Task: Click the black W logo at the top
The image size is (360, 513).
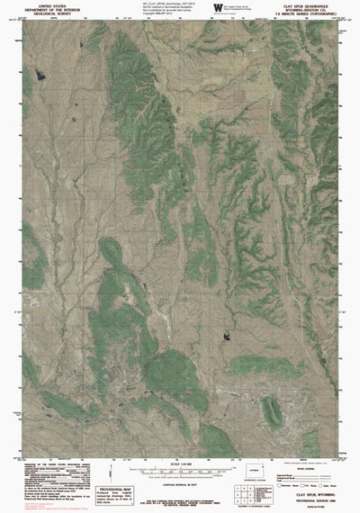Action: tap(220, 8)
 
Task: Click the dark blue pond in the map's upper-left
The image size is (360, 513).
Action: tap(38, 74)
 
